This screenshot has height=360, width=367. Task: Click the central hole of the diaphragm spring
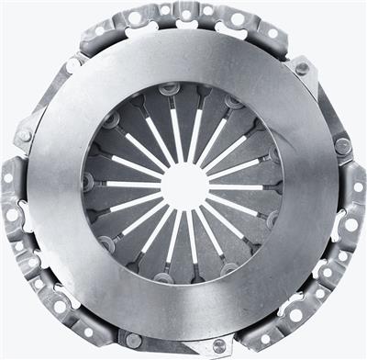pos(184,186)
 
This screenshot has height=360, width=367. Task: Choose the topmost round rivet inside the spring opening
pos(169,90)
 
